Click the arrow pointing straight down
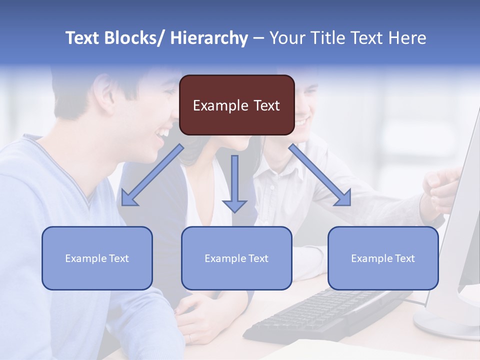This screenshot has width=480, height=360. click(x=234, y=185)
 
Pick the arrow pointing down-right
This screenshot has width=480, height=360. click(x=320, y=175)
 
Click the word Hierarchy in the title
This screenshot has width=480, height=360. click(x=209, y=38)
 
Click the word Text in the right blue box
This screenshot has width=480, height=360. click(x=404, y=258)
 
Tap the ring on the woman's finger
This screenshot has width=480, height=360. click(x=190, y=338)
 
